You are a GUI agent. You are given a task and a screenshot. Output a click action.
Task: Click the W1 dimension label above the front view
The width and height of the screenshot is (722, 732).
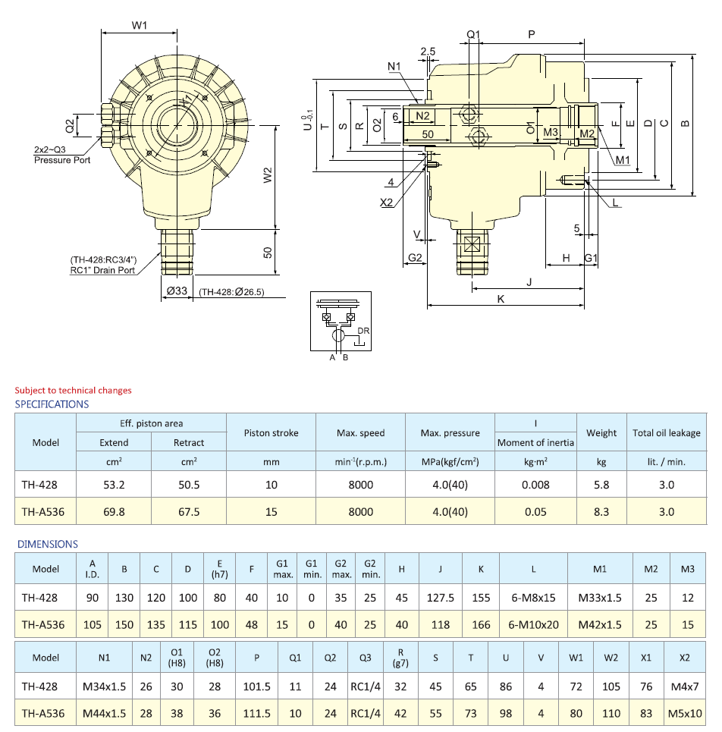point(139,25)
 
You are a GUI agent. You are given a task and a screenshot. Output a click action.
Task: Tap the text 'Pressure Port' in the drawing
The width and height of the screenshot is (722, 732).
point(62,160)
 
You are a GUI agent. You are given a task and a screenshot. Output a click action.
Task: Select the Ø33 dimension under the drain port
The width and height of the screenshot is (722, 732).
point(177,291)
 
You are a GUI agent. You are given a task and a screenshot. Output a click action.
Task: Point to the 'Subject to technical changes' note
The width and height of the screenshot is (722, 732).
point(73,390)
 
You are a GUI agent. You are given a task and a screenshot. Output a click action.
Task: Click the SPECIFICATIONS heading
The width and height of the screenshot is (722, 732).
point(52,404)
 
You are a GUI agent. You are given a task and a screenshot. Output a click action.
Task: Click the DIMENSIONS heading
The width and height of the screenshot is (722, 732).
point(47,544)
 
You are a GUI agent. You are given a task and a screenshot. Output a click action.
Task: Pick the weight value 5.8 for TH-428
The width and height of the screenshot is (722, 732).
point(601,484)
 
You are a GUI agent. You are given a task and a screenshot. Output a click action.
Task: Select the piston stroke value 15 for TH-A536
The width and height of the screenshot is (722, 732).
point(271,511)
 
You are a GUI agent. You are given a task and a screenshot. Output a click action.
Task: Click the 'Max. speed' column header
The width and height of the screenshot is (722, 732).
point(360,433)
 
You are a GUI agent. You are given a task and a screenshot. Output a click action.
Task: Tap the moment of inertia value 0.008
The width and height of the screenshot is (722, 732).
point(535,484)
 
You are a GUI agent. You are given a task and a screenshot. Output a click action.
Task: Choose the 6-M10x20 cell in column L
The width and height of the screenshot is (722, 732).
point(534,625)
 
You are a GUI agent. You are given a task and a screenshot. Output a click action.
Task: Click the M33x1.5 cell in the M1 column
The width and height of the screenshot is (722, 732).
point(599,598)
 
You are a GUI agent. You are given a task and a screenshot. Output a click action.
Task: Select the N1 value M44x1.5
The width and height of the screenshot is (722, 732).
point(104,713)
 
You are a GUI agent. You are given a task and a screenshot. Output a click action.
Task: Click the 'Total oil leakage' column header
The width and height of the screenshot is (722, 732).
point(666,433)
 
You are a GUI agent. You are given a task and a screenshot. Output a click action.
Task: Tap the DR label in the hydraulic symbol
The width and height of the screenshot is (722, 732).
point(363,331)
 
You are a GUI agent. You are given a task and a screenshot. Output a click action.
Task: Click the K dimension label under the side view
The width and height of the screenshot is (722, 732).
point(501,299)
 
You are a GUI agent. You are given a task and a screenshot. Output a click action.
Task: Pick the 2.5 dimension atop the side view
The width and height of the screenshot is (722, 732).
point(428,51)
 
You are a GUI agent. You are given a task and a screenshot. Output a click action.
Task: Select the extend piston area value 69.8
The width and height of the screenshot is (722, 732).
point(114,511)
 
